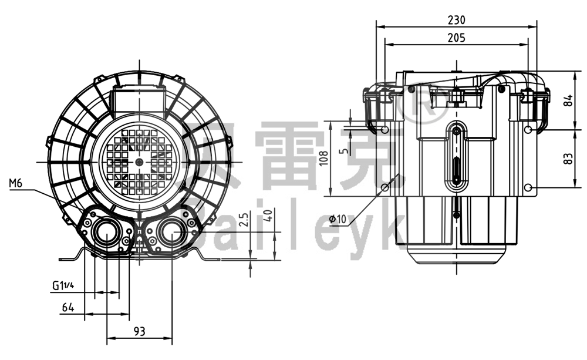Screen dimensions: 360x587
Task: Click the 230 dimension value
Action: (x=456, y=19)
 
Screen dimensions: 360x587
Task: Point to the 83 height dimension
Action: (x=568, y=159)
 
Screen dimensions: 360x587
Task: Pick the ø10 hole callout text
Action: (x=339, y=219)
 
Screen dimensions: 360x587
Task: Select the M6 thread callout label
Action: (x=16, y=184)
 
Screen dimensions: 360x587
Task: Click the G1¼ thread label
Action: (x=63, y=285)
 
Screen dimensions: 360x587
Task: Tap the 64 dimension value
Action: (x=69, y=307)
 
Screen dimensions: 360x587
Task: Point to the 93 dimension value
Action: (x=139, y=331)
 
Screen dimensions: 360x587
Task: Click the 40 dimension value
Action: (x=269, y=215)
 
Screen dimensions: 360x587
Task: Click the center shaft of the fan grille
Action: (x=139, y=161)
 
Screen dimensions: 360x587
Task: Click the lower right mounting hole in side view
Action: (x=528, y=187)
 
